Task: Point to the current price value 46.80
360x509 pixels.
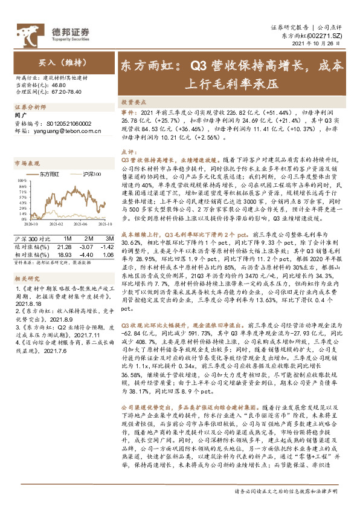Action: (58, 86)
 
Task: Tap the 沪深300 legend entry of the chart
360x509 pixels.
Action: (89, 173)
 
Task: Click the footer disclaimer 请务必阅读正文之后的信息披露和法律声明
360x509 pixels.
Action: (289, 492)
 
